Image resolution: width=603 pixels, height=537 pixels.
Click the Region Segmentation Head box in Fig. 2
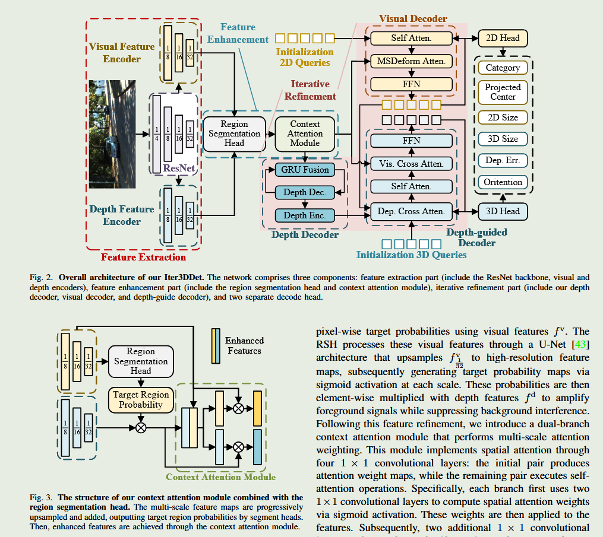click(234, 134)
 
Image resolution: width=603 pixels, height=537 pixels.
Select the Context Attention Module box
click(305, 134)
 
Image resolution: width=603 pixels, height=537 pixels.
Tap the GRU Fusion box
click(305, 170)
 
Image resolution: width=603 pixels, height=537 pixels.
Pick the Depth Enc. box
click(305, 215)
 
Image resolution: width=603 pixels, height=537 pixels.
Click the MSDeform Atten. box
click(411, 61)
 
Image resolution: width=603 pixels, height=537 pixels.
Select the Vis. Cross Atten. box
click(411, 164)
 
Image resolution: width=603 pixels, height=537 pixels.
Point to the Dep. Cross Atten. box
click(411, 211)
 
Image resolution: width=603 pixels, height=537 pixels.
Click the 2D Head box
click(503, 38)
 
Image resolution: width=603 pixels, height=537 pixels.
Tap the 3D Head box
click(503, 211)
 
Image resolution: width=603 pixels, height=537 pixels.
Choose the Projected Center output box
click(503, 91)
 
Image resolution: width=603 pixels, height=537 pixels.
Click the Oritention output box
click(503, 182)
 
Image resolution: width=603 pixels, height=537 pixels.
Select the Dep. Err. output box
click(503, 160)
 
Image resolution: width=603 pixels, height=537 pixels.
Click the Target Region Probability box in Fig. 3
click(141, 399)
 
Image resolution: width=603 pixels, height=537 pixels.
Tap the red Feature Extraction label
click(143, 257)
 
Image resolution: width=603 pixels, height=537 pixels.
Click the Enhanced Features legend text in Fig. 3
click(244, 345)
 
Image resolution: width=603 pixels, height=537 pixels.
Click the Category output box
click(503, 68)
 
